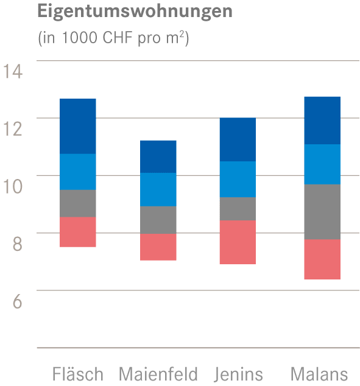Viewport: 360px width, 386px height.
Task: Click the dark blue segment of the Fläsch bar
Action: tap(77, 126)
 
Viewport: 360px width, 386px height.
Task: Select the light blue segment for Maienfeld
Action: tap(158, 189)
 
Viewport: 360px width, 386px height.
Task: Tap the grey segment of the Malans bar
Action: tap(322, 212)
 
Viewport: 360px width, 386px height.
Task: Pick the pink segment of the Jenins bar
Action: tap(238, 242)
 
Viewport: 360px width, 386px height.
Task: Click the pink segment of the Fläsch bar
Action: tap(77, 232)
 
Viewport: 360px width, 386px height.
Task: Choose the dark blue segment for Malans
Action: tap(322, 120)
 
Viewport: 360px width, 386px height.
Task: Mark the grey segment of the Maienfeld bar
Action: tap(158, 220)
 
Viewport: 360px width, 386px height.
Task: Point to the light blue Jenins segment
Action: tap(238, 179)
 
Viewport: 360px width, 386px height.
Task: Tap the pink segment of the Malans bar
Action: tap(322, 259)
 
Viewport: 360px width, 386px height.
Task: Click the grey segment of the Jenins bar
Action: tap(238, 209)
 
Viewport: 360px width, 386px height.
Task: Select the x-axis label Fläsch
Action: tap(78, 373)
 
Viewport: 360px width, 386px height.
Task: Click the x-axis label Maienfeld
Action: tap(158, 373)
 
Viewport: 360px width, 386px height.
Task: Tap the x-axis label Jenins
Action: tap(239, 373)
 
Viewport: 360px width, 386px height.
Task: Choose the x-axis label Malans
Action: tap(319, 373)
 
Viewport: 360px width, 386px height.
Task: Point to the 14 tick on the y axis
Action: tap(13, 71)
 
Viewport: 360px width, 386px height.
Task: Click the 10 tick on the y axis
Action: tap(13, 186)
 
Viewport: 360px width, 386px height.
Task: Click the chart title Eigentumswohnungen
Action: tap(135, 12)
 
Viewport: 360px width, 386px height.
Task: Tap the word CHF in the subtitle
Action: tap(113, 39)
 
